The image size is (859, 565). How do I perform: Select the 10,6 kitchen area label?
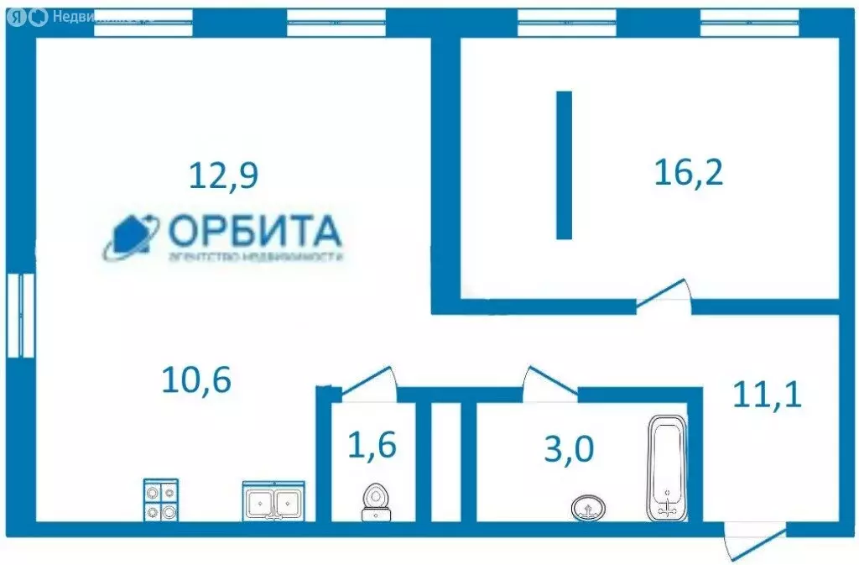pyautogui.click(x=195, y=379)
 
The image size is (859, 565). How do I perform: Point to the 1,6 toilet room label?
pyautogui.click(x=372, y=444)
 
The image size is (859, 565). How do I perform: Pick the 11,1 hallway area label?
pyautogui.click(x=767, y=394)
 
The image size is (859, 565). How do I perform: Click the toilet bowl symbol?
pyautogui.click(x=375, y=502)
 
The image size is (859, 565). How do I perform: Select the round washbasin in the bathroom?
pyautogui.click(x=589, y=507)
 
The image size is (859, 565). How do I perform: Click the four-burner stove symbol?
pyautogui.click(x=160, y=500)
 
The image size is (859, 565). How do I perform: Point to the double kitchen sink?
pyautogui.click(x=273, y=501)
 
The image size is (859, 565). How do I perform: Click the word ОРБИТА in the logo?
pyautogui.click(x=255, y=230)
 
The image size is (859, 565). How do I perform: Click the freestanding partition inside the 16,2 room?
pyautogui.click(x=564, y=165)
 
